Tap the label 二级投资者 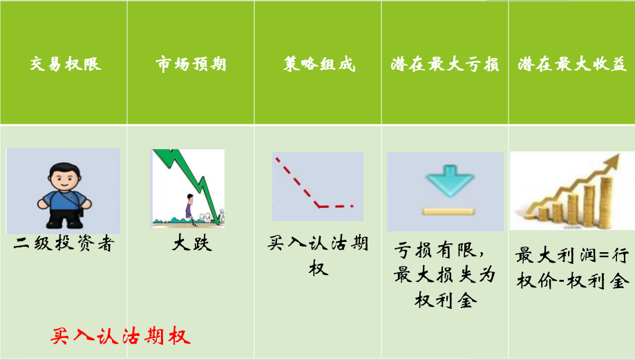(63, 244)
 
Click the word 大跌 (191, 244)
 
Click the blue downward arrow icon (444, 181)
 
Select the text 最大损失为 (444, 275)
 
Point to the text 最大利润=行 (571, 256)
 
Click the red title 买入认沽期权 (120, 337)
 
